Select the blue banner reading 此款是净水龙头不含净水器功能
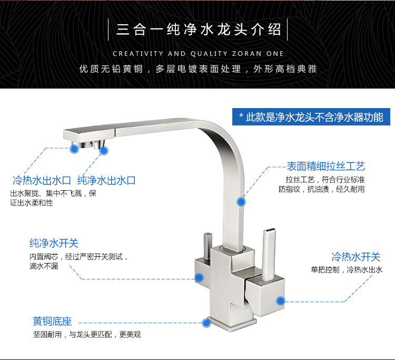click(311, 117)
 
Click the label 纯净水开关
click(54, 244)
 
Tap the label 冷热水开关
click(355, 257)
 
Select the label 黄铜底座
click(52, 321)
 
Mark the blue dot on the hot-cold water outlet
click(75, 149)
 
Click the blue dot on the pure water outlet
click(104, 150)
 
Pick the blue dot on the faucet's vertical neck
click(241, 201)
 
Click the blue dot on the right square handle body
click(280, 301)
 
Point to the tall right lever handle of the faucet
click(270, 248)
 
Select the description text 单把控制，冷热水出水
click(346, 270)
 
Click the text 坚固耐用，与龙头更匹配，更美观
click(87, 334)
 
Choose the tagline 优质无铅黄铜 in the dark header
click(111, 69)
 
